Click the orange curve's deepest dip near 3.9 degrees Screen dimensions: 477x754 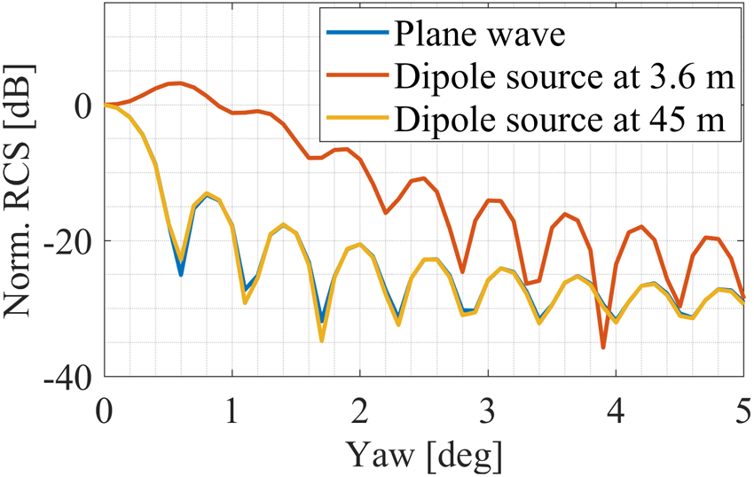603,348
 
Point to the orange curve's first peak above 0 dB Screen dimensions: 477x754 180,82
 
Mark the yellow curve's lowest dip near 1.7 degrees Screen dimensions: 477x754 322,340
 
